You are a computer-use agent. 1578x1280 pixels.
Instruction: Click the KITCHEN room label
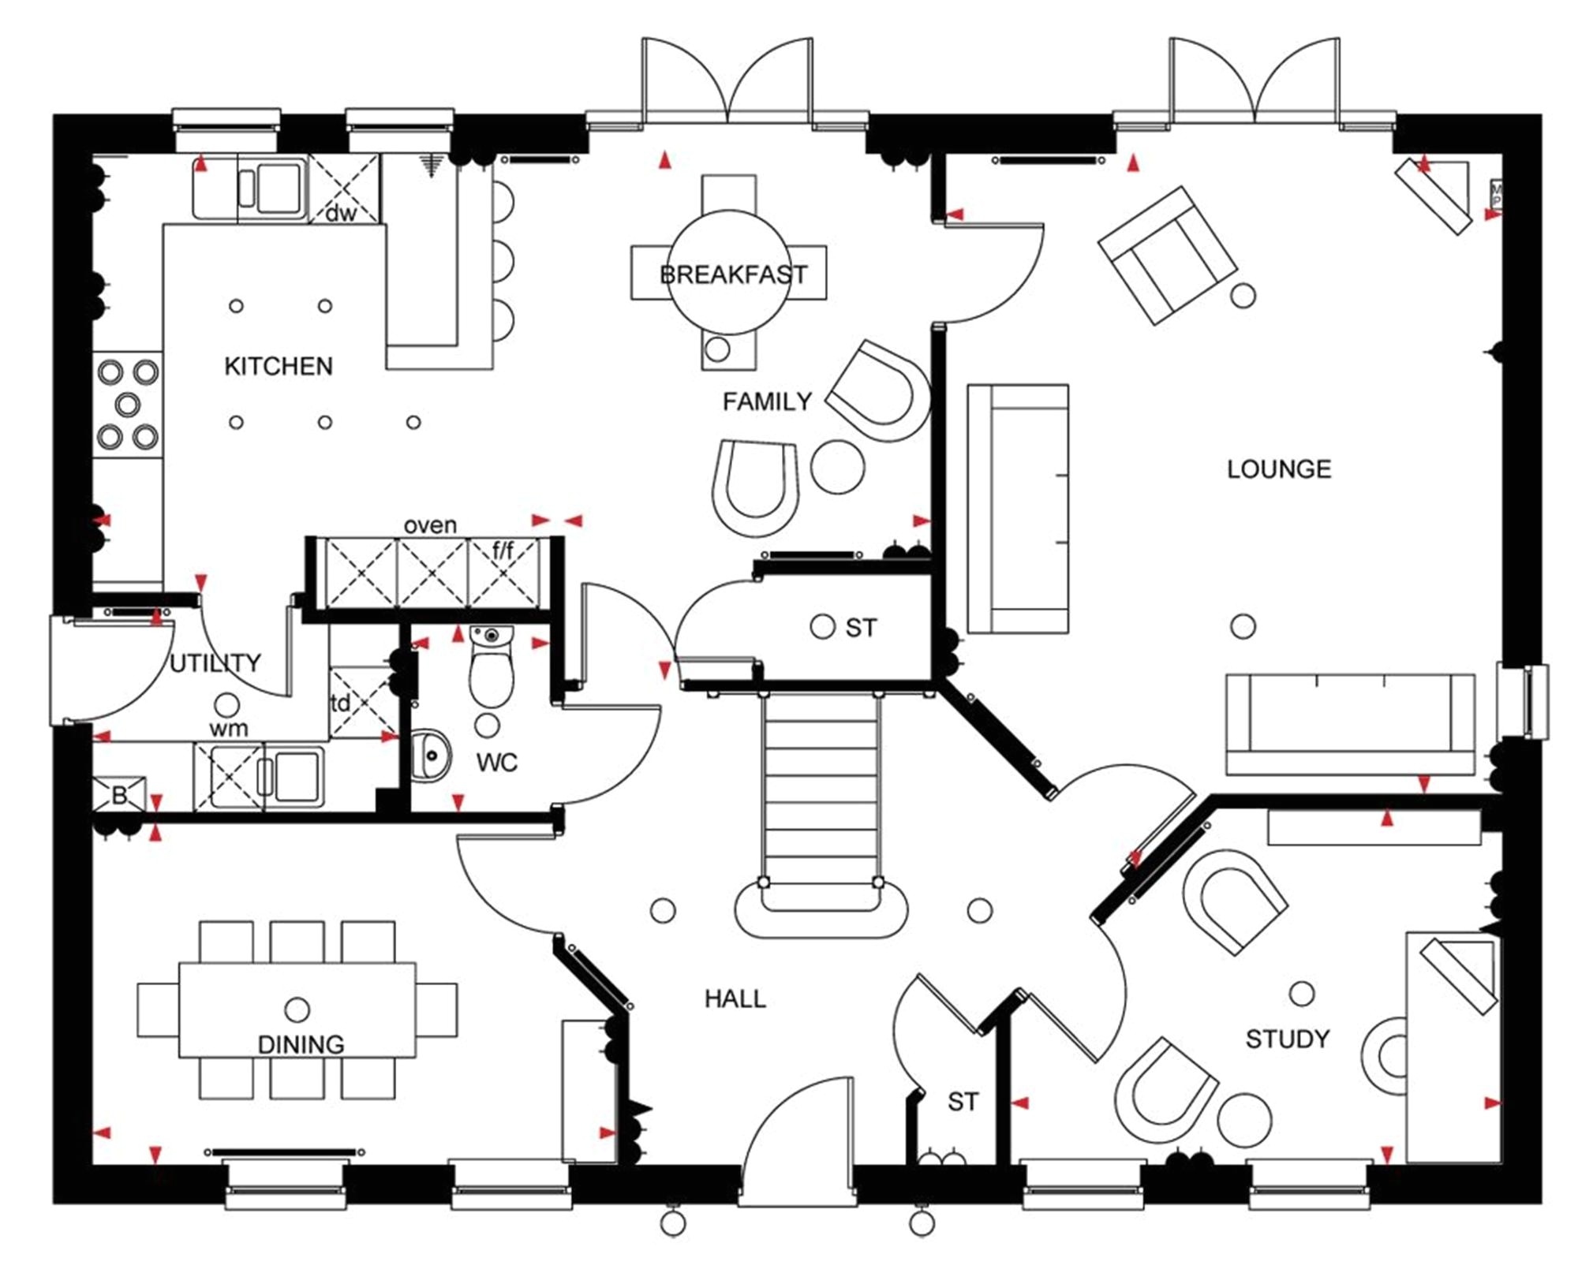pos(278,366)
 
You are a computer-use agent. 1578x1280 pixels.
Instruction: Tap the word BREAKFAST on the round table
pos(733,274)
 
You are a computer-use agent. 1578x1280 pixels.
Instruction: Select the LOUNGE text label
pos(1278,469)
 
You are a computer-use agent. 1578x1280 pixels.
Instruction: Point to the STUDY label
pos(1287,1039)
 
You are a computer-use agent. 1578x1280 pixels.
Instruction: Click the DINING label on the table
pos(301,1044)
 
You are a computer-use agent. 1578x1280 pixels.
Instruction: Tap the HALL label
pos(735,998)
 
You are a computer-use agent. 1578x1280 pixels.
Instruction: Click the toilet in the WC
pos(491,670)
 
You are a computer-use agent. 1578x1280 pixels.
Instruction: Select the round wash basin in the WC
pos(430,755)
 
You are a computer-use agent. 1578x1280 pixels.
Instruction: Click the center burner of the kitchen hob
pos(127,405)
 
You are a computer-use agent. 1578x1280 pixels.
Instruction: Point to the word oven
pos(430,525)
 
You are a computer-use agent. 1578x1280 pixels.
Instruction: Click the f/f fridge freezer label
pos(503,550)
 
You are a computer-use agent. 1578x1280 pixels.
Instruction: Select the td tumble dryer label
pos(339,703)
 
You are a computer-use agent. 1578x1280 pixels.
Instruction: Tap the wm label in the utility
pos(228,728)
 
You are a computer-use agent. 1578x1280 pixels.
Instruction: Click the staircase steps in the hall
pos(821,789)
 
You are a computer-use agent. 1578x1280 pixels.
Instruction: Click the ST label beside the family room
pos(860,628)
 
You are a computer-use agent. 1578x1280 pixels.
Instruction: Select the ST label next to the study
pos(963,1101)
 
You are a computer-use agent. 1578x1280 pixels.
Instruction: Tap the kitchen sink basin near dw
pos(279,188)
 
